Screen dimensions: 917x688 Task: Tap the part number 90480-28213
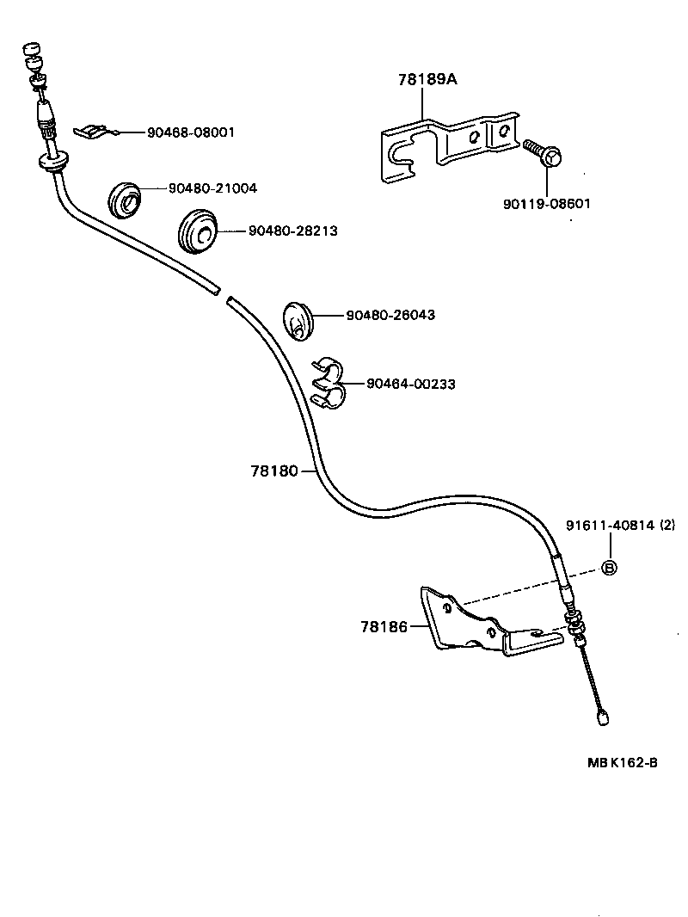tap(293, 231)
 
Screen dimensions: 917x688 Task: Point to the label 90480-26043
tap(390, 315)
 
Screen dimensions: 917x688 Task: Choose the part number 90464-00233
tap(411, 384)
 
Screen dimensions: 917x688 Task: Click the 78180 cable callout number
tap(273, 471)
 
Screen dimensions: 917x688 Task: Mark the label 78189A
tap(427, 79)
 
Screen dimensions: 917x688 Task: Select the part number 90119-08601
tap(547, 204)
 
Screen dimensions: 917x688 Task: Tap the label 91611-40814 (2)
tap(621, 524)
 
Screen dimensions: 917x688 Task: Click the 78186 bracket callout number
tap(383, 627)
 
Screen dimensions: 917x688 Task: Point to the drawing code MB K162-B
tap(623, 762)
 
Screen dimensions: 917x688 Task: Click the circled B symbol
tap(608, 567)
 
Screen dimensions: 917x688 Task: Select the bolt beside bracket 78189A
tap(542, 152)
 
